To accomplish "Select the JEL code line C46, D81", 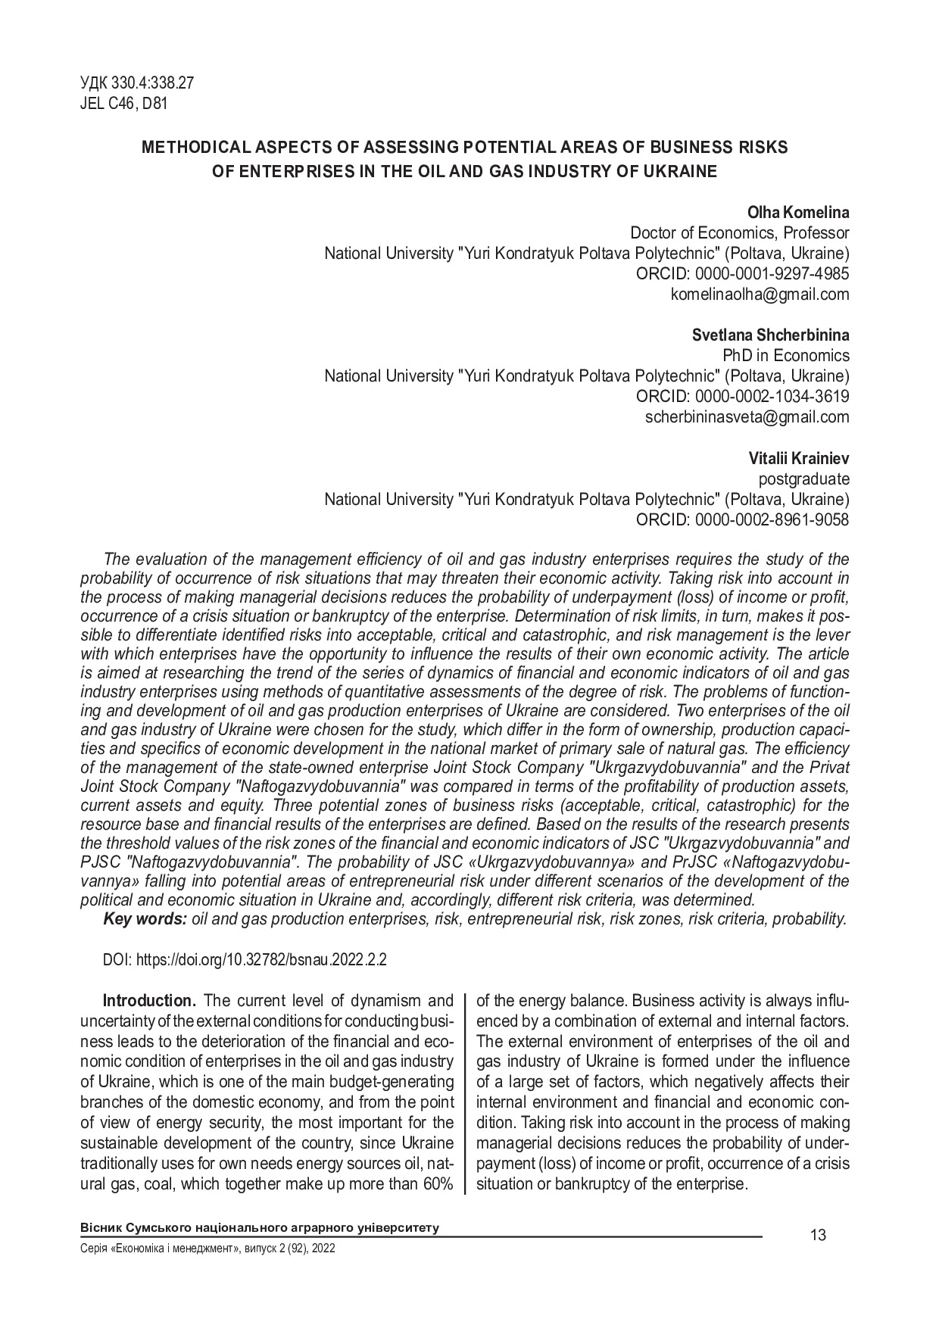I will pos(123,104).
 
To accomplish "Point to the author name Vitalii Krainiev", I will pos(799,459).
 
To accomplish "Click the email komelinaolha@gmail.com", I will pos(760,295).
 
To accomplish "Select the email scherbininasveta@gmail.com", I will pos(747,417).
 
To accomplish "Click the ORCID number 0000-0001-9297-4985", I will pos(768,274).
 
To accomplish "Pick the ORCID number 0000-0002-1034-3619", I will pos(768,397).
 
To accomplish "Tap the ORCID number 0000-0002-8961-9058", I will pos(768,520).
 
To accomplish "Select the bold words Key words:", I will pos(145,919).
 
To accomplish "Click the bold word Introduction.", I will pos(149,1001).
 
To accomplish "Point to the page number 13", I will pos(818,1236).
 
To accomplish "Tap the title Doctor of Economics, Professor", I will pos(739,233).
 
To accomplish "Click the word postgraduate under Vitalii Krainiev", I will pos(803,479).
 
